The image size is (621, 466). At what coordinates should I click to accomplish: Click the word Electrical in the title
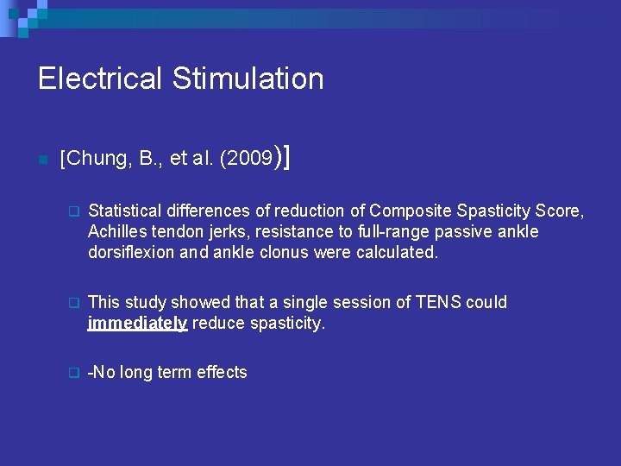(x=100, y=79)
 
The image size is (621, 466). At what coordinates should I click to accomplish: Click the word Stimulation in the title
(x=248, y=79)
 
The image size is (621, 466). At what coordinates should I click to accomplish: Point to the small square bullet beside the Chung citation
(x=42, y=160)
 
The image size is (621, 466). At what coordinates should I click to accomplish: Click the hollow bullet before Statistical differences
(x=73, y=211)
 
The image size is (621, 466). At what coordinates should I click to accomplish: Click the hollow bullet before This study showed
(x=73, y=303)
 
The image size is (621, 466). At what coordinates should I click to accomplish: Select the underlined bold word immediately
(x=137, y=324)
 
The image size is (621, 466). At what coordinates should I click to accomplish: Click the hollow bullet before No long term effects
(x=73, y=373)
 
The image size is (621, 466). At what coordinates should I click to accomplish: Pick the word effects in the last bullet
(x=222, y=372)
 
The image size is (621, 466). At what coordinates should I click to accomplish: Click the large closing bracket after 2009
(x=285, y=157)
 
